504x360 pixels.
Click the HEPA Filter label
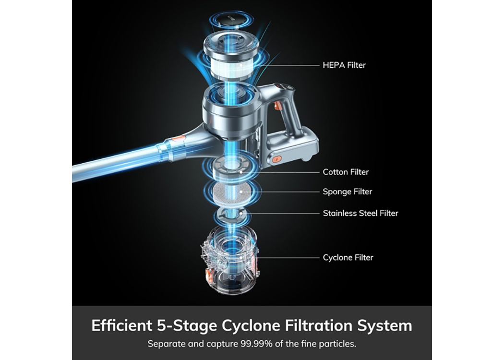(x=344, y=65)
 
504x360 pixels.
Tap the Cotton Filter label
(x=346, y=172)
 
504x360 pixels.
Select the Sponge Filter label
(x=347, y=192)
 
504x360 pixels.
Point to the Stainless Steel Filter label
(x=360, y=213)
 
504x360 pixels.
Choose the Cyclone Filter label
(x=348, y=257)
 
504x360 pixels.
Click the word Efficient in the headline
(x=122, y=325)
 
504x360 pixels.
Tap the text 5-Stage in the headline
(x=187, y=326)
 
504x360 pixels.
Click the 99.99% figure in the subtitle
(x=256, y=344)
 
